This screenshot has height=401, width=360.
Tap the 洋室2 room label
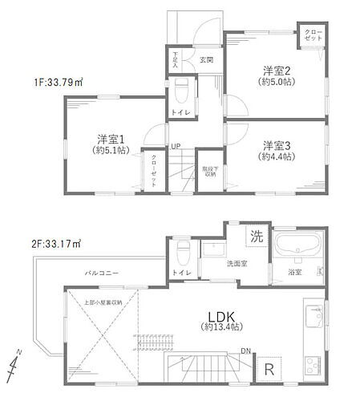point(274,69)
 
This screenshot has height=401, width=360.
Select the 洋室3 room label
point(275,145)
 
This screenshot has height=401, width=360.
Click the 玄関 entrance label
point(206,59)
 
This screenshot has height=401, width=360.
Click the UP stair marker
point(174,146)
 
